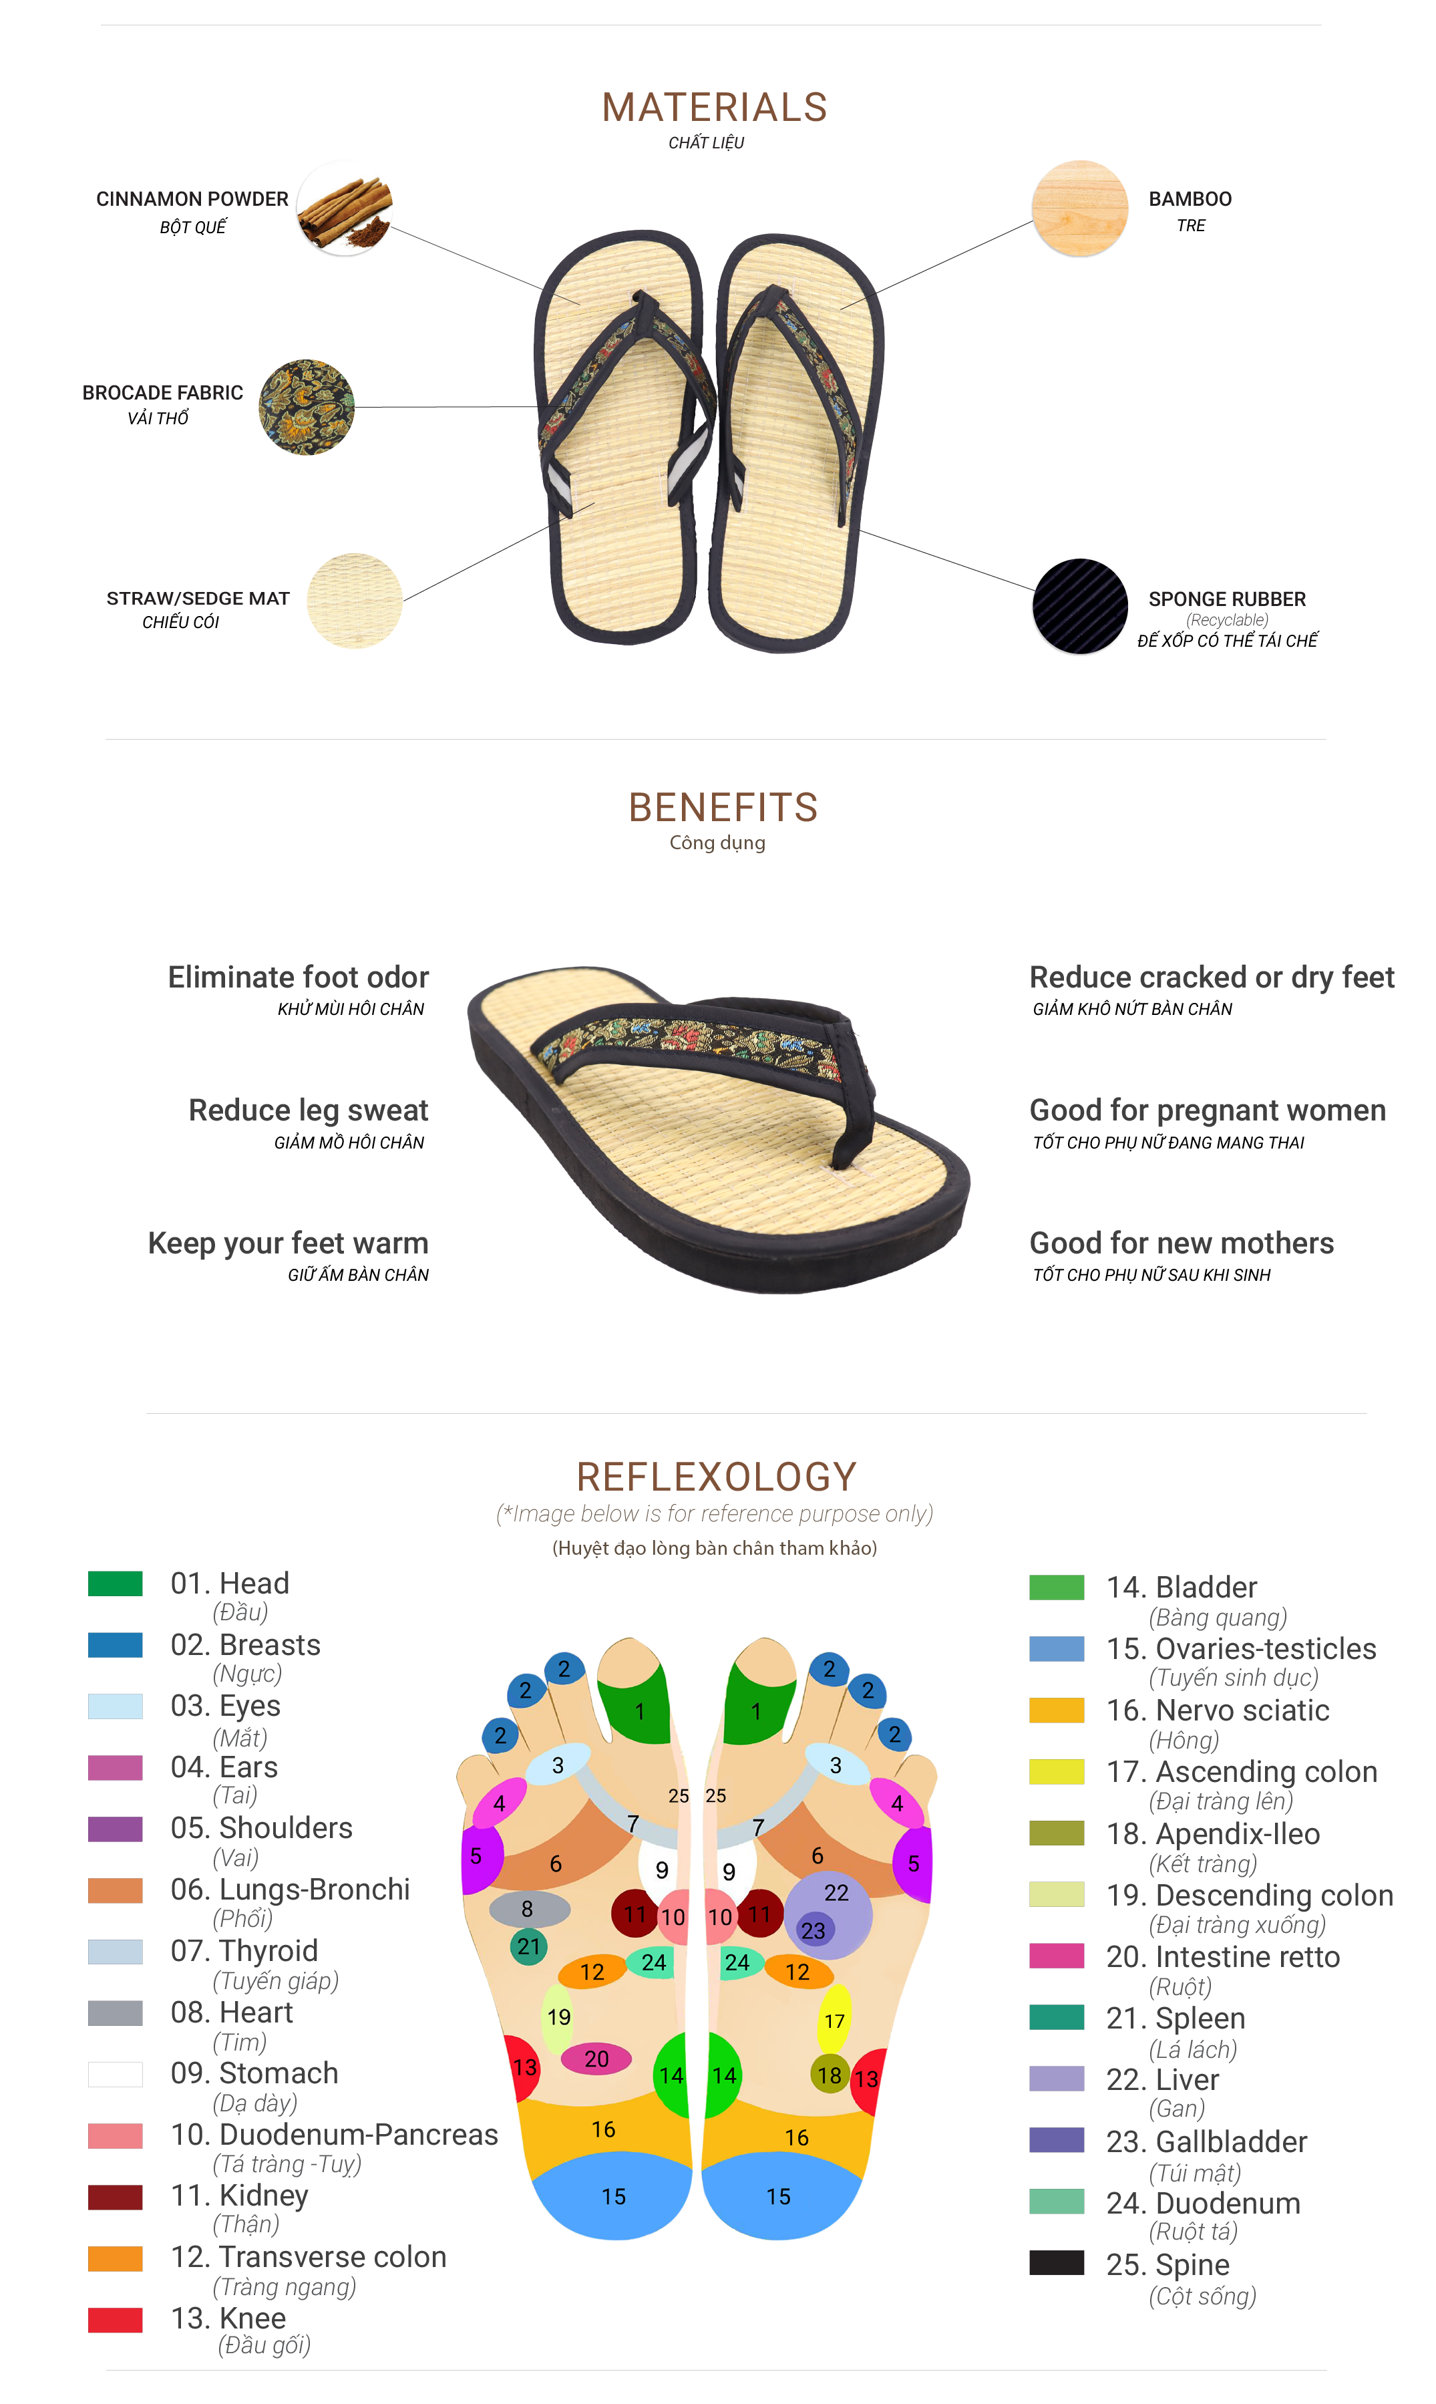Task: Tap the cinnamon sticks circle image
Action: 345,208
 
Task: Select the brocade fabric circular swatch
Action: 306,408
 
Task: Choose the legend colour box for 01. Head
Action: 115,1584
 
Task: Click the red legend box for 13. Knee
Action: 115,2320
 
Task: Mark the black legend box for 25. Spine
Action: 1056,2263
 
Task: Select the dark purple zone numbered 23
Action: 814,1930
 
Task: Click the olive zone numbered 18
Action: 830,2075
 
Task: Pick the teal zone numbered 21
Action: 528,1946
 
